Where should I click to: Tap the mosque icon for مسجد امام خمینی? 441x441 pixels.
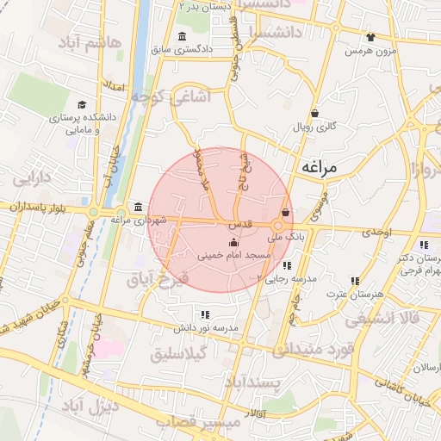pyautogui.click(x=233, y=244)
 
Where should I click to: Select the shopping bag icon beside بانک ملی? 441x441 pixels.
pyautogui.click(x=286, y=212)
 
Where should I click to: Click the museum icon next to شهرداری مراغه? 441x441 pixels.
pyautogui.click(x=139, y=207)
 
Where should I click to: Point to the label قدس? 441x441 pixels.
pyautogui.click(x=239, y=224)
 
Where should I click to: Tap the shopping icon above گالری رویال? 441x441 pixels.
pyautogui.click(x=314, y=112)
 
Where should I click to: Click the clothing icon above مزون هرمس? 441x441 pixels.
pyautogui.click(x=370, y=37)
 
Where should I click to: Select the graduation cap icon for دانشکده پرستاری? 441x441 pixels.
pyautogui.click(x=82, y=104)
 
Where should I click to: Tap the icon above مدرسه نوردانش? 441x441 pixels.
pyautogui.click(x=204, y=314)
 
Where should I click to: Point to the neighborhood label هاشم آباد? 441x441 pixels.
pyautogui.click(x=92, y=42)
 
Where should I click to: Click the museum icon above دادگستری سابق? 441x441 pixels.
pyautogui.click(x=182, y=36)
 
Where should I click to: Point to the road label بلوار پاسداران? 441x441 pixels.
pyautogui.click(x=39, y=208)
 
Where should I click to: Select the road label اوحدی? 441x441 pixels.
pyautogui.click(x=376, y=233)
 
